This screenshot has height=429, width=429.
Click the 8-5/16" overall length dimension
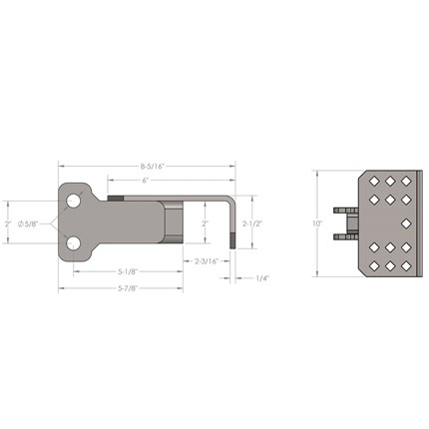click(153, 167)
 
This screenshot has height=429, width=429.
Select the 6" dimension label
click(145, 181)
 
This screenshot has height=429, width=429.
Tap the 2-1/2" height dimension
click(252, 223)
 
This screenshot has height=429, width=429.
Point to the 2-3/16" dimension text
click(207, 261)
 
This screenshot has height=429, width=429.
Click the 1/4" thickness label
click(262, 278)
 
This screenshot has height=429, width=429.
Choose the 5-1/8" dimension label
click(128, 271)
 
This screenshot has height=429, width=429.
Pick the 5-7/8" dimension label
click(128, 288)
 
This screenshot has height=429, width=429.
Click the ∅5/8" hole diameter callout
click(29, 223)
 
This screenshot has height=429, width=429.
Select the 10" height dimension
click(317, 223)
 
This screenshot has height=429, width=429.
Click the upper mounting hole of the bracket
click(74, 201)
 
